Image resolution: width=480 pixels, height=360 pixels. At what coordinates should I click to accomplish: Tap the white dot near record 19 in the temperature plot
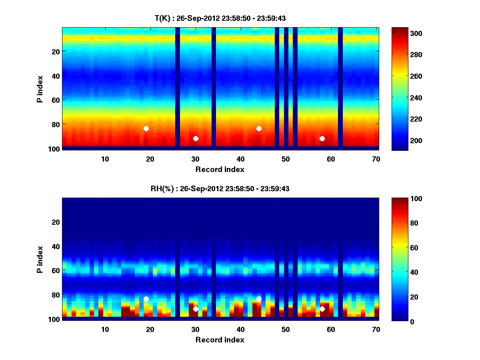coord(146,128)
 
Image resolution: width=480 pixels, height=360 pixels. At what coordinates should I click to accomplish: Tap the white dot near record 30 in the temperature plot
coord(196,138)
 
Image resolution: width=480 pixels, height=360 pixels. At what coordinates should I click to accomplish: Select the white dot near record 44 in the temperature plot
coord(259,128)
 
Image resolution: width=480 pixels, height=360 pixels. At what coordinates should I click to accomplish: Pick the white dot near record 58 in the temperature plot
coord(322,138)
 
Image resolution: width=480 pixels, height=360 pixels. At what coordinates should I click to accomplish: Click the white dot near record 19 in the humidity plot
coord(146,299)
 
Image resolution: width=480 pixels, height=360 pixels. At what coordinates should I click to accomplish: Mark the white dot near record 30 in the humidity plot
coord(196,309)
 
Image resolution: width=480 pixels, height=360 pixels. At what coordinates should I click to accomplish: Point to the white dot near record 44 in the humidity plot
coord(259,299)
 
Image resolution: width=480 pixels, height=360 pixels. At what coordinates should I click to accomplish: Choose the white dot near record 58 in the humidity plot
coord(322,309)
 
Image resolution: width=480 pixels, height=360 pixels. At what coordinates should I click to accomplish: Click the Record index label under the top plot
coord(220,169)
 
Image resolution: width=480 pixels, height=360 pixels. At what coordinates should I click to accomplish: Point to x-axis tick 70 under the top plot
coord(376,159)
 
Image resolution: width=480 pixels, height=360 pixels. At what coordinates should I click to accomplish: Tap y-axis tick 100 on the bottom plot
coord(55,319)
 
